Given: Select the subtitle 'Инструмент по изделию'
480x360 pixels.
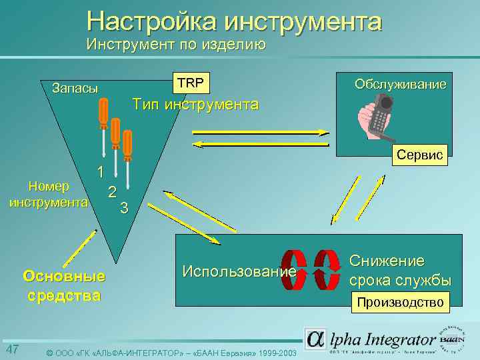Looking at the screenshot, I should click(176, 45).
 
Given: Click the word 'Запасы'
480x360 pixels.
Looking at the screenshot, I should click(75, 89).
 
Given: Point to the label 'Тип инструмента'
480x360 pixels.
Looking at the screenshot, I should click(195, 105).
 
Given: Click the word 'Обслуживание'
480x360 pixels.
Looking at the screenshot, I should click(400, 85).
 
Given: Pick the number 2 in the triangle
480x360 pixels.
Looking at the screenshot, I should click(113, 192).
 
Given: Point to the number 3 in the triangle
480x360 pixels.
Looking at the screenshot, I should click(124, 207).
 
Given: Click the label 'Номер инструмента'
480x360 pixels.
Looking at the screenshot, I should click(47, 194).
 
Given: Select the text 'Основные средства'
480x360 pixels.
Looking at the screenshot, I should click(63, 285).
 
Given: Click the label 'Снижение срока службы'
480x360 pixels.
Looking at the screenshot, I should click(400, 270).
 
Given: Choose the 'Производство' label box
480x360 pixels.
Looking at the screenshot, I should click(400, 303).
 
